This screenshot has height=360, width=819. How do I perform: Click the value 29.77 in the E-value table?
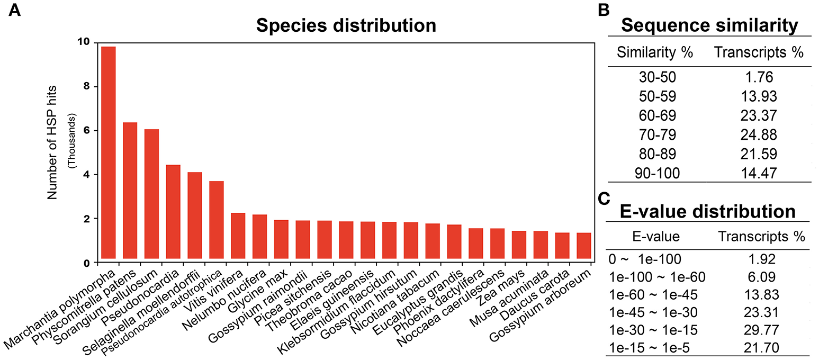761,330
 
